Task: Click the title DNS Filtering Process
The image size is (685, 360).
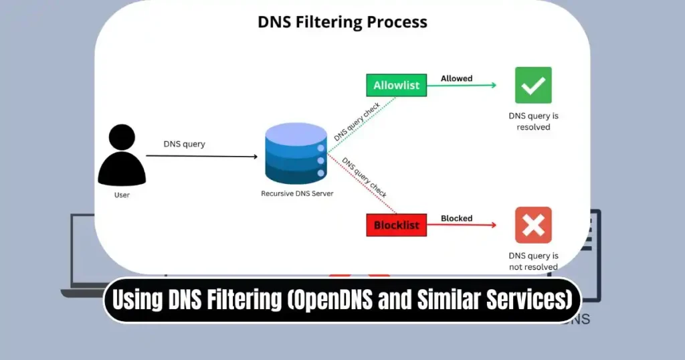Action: pos(342,21)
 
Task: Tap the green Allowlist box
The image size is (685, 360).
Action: pos(396,85)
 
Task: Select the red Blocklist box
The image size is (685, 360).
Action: pos(396,225)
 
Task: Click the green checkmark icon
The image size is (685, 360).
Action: pos(533,85)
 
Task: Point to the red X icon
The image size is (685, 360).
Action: pos(533,225)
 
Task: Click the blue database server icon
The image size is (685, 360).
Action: pos(296,153)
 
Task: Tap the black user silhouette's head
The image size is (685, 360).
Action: pos(122,139)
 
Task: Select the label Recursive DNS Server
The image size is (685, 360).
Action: pos(296,193)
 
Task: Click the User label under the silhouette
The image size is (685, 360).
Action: pos(122,195)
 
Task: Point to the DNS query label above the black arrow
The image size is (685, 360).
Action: pos(184,144)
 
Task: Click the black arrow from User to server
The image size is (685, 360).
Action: pos(201,156)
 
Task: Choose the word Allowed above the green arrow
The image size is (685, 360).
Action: pos(456,78)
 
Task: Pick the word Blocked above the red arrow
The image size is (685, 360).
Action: pos(456,218)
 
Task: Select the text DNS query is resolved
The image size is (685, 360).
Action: pos(533,121)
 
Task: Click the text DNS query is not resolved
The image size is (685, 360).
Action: pos(533,261)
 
